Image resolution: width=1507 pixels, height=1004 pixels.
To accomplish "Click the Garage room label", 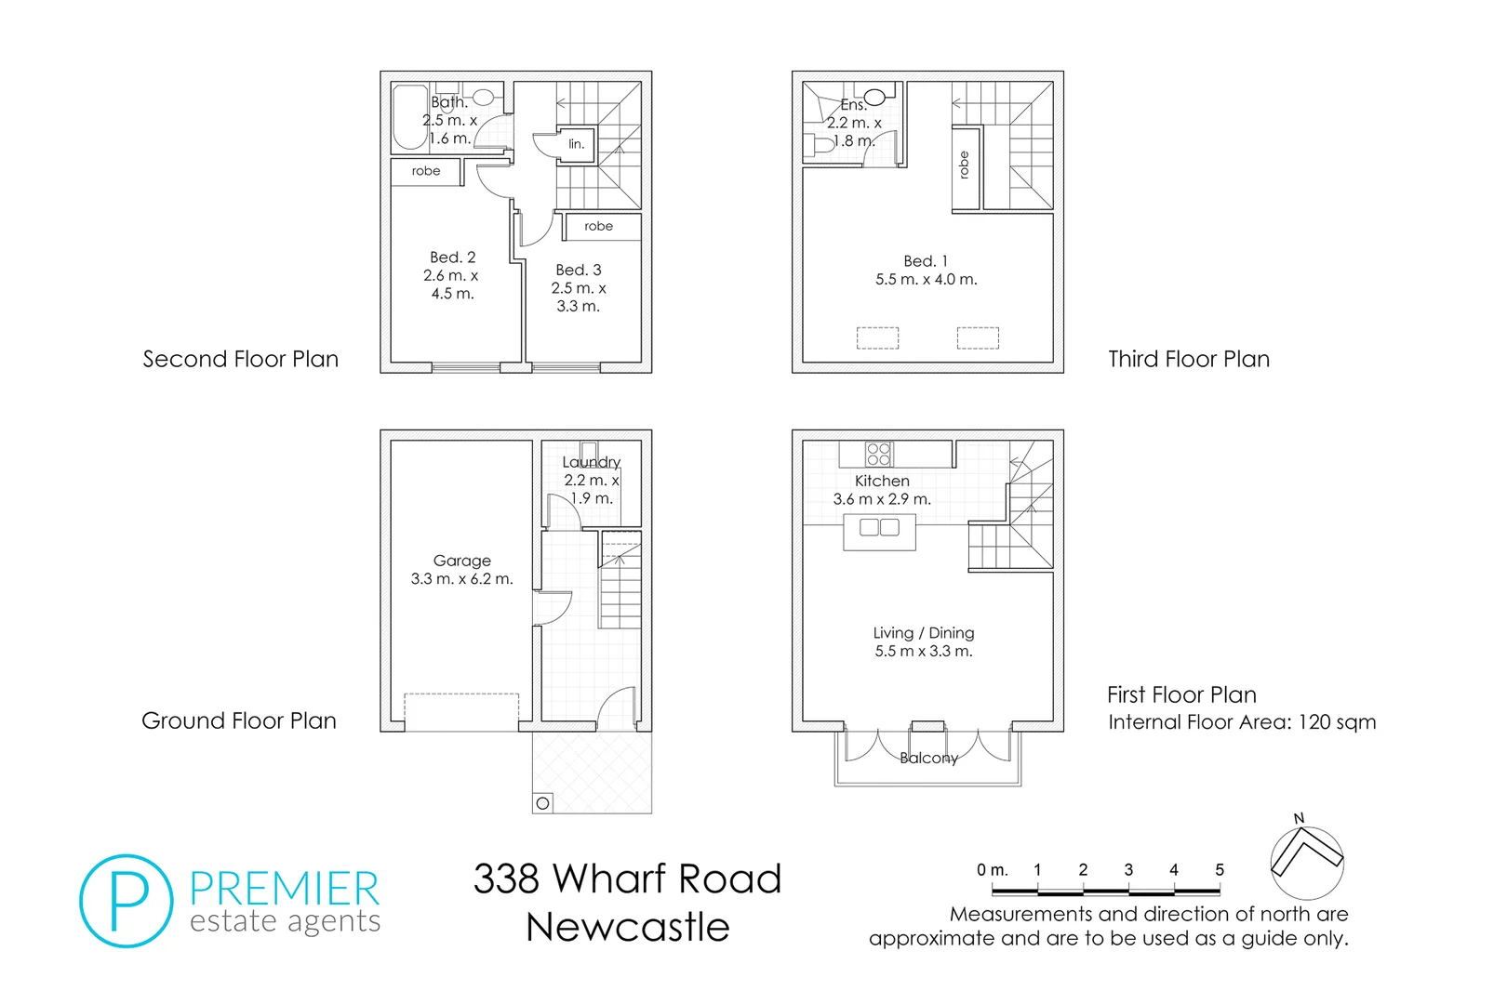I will point(461,561).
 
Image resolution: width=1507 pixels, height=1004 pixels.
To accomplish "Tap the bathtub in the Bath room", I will point(408,117).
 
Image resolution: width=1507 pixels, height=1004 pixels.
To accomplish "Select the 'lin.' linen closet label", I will point(577,144).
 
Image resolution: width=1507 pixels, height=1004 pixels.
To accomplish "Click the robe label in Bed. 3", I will point(598,226).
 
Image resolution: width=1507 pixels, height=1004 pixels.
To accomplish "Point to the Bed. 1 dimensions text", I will point(926,279).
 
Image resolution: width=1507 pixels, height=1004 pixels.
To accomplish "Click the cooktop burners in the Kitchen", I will point(878,454).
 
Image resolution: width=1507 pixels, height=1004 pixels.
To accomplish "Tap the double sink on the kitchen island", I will point(879,528).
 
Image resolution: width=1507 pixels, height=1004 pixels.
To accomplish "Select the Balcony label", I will point(928,758).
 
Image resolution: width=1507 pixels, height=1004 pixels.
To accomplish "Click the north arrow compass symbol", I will point(1307,861).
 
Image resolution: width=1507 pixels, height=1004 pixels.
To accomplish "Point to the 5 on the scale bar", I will point(1219,870).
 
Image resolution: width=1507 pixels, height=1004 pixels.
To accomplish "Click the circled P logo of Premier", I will point(127,901).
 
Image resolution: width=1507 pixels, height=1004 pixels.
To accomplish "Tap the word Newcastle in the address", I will point(627,927).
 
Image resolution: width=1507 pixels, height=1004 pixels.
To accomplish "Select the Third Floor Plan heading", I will point(1188,359).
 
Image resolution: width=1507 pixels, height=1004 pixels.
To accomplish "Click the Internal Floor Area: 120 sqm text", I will point(1241,722).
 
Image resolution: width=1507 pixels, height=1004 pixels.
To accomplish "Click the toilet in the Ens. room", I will point(822,145).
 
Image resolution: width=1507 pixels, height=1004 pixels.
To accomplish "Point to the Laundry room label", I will point(591,462).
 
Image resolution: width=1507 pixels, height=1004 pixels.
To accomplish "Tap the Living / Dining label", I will point(923,633).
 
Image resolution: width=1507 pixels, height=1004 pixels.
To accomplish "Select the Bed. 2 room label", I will point(452,258).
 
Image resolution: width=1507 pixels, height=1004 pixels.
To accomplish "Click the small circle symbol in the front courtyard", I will point(543,803).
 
